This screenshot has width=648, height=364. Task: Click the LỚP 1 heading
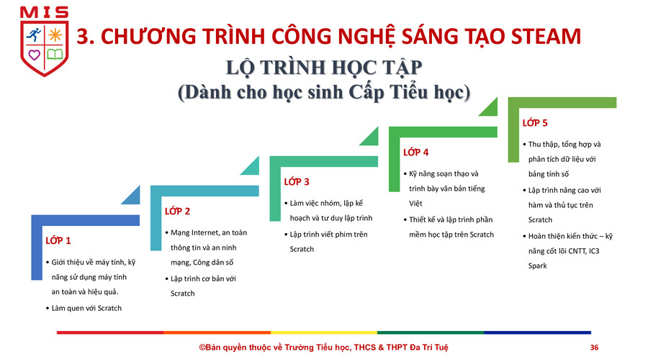(x=58, y=240)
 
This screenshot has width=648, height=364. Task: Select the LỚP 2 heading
(x=177, y=211)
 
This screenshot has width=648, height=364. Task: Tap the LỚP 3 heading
(x=297, y=181)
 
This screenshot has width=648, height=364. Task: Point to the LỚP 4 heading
(x=415, y=152)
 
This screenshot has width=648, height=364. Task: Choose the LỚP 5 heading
(x=535, y=122)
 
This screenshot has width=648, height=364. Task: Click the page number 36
(x=594, y=347)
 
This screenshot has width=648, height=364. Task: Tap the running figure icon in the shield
(x=34, y=35)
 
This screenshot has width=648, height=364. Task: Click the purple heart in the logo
(x=34, y=55)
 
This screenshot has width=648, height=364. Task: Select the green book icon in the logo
(x=55, y=54)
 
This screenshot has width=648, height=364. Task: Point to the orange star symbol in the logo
(x=55, y=35)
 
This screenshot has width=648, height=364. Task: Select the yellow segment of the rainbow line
(x=323, y=332)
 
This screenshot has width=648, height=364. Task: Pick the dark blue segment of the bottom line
(x=537, y=332)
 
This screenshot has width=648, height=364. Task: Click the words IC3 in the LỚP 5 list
(x=593, y=251)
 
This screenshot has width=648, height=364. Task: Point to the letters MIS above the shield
(x=44, y=12)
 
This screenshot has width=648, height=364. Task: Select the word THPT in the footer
(x=397, y=347)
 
